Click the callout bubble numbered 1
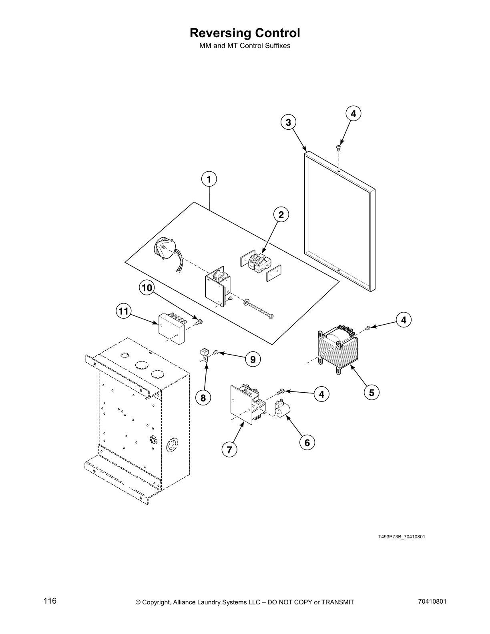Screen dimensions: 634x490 [209, 179]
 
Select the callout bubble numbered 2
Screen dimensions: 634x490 [281, 215]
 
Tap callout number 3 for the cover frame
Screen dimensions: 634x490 [288, 122]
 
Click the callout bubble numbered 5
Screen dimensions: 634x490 [372, 393]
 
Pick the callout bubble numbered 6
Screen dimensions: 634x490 [307, 442]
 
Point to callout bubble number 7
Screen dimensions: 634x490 [229, 449]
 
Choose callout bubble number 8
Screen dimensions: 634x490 [203, 398]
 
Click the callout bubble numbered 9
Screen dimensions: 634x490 [253, 359]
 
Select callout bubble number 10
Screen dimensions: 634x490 [147, 288]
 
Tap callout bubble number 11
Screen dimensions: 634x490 [124, 311]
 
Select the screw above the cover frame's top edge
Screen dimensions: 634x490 [339, 148]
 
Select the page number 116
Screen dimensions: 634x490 [50, 601]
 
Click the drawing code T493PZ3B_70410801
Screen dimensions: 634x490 [401, 537]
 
